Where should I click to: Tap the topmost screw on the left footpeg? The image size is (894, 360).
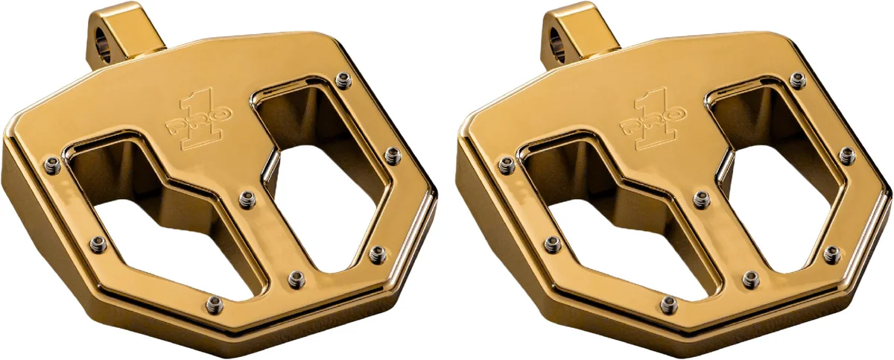click(343, 80)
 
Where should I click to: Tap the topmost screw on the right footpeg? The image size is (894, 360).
click(797, 80)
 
